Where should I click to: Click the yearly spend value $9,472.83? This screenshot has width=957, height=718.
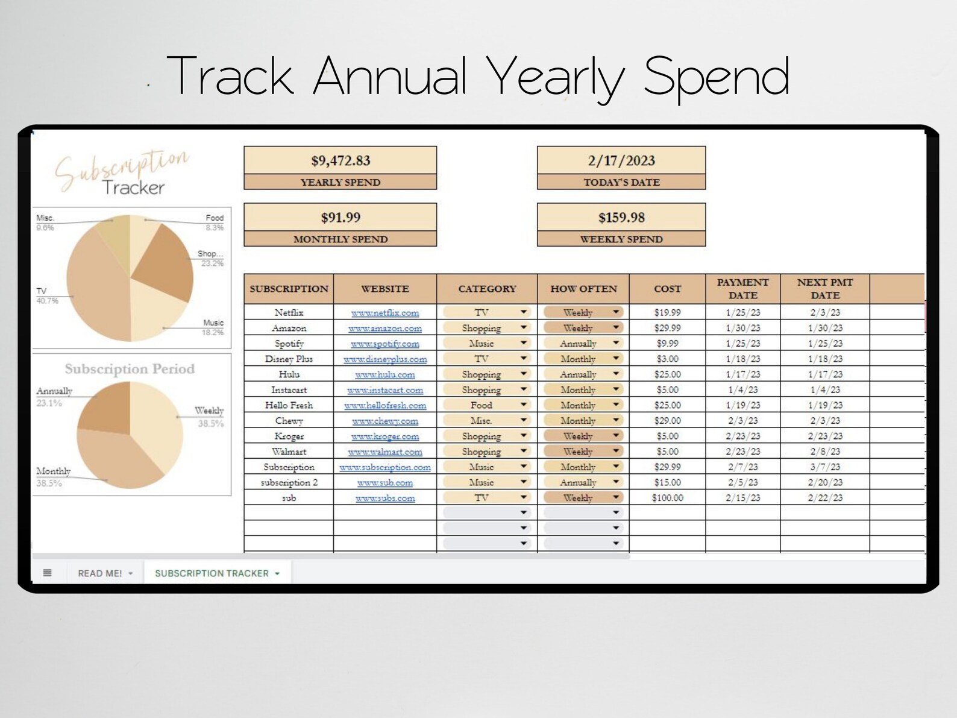click(x=340, y=161)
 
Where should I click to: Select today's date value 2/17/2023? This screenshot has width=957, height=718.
click(x=621, y=161)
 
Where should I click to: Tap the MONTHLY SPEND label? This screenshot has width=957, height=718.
click(x=340, y=239)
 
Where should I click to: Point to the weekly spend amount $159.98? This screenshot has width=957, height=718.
click(x=621, y=218)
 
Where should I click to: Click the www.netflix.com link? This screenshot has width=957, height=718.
click(x=385, y=313)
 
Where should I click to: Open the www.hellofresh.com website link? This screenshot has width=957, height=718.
click(x=385, y=406)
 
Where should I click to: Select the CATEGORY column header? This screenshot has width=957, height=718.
click(x=487, y=289)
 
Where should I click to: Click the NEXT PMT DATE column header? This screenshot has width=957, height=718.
click(x=824, y=289)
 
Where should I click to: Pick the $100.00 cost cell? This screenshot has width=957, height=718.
click(x=667, y=498)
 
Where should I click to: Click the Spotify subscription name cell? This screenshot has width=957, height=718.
click(x=289, y=344)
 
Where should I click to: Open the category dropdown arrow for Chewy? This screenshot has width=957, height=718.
click(x=523, y=420)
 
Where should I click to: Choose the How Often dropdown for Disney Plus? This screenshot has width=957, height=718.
click(x=615, y=359)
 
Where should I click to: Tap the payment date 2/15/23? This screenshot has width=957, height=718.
click(x=742, y=498)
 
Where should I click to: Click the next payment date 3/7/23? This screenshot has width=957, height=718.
click(x=824, y=467)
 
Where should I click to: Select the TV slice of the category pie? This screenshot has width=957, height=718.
click(x=96, y=283)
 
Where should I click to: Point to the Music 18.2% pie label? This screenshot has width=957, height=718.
click(x=213, y=327)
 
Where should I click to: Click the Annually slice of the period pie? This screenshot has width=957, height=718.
click(x=105, y=407)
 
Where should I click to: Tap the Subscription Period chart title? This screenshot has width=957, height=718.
click(x=130, y=369)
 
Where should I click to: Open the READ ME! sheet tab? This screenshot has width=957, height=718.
click(x=100, y=573)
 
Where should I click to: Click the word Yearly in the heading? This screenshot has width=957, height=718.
click(x=555, y=77)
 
